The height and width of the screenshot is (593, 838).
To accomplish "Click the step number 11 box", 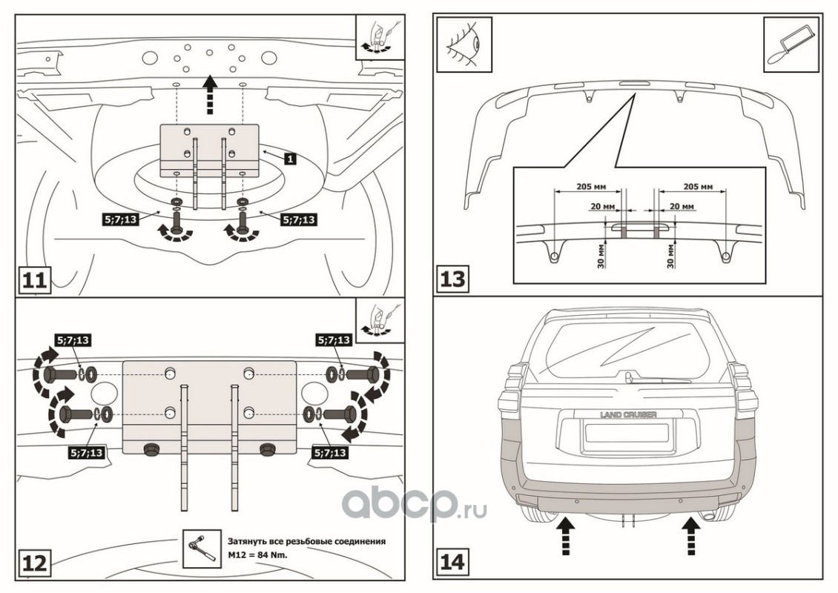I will point(34,281).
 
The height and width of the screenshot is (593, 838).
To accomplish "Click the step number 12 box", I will point(34,563).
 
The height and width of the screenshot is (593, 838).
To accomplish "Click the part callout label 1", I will point(290,159).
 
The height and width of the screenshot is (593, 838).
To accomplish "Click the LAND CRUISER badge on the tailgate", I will point(628,415).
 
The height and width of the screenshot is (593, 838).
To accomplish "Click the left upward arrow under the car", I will point(565,536).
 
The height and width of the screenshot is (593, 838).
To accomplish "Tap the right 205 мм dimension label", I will point(696,187).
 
